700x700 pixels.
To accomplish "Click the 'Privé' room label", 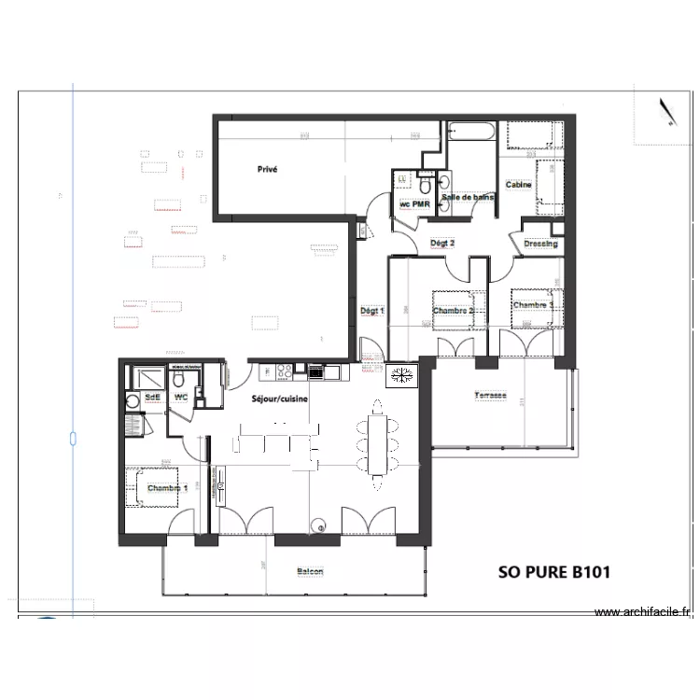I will point(268,170).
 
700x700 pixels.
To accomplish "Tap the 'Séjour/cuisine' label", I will point(280,399).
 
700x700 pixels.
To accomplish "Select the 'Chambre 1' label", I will point(167,488).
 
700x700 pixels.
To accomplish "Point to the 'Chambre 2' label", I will point(454,310).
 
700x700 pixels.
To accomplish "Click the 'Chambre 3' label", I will point(533,304).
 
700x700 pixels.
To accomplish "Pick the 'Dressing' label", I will point(540,244).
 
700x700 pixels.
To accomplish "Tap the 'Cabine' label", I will point(519,185).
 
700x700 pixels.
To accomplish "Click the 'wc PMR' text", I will point(413,203).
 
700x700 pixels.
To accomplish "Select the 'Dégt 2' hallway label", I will point(441,243).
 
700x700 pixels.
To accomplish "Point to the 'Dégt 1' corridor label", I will point(371,310).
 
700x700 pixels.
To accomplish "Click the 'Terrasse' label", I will point(489,396).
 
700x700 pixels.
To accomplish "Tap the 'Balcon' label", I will point(310,571).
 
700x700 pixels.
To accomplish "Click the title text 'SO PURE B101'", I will point(554,571).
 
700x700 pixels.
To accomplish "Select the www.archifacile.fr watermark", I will point(644,613).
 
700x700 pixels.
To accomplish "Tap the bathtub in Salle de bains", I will point(471,133).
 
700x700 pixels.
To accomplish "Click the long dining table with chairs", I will point(377,444).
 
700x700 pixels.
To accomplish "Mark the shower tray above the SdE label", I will point(147,378).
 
